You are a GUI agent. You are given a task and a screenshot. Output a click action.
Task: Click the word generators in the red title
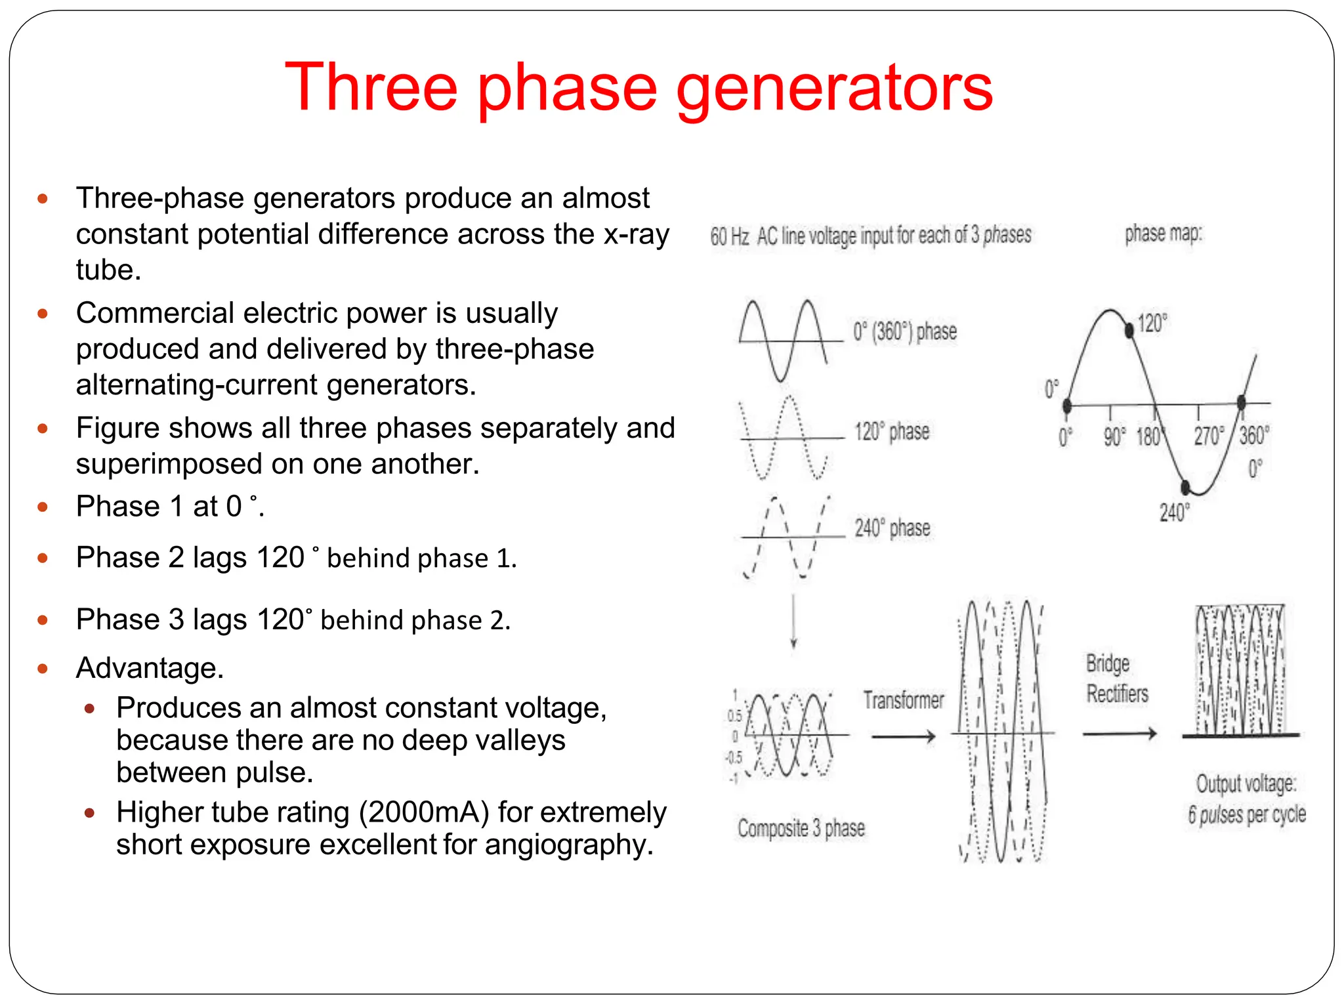tap(834, 89)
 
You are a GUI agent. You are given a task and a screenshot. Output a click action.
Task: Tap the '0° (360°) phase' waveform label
tap(904, 331)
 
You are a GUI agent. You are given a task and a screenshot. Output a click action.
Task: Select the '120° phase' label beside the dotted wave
tap(891, 431)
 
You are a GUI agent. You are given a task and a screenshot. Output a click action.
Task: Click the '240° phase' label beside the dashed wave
tap(892, 528)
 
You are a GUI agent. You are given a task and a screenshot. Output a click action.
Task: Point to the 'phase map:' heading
tap(1163, 233)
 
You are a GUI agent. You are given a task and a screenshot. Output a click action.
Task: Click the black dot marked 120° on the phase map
tap(1129, 330)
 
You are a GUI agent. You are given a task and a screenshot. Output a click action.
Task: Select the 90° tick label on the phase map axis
tap(1114, 436)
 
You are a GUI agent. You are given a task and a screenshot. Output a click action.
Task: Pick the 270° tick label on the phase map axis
tap(1208, 436)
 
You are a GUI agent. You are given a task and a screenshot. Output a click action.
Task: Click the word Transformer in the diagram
tap(903, 700)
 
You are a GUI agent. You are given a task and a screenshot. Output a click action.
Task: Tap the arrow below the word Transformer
tap(904, 736)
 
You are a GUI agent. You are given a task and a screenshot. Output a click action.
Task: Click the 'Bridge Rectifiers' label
tap(1116, 679)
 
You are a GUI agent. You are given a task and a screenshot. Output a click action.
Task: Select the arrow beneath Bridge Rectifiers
tap(1120, 734)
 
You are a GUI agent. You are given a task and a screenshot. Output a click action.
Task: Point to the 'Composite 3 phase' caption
tap(801, 828)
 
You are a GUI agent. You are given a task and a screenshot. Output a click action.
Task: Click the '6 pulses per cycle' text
tap(1246, 814)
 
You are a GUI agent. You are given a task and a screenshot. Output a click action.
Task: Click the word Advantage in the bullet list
tap(149, 668)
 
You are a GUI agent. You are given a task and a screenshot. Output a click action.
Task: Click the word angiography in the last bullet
tap(568, 845)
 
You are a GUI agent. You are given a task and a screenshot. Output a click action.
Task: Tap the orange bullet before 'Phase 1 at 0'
tap(43, 507)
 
